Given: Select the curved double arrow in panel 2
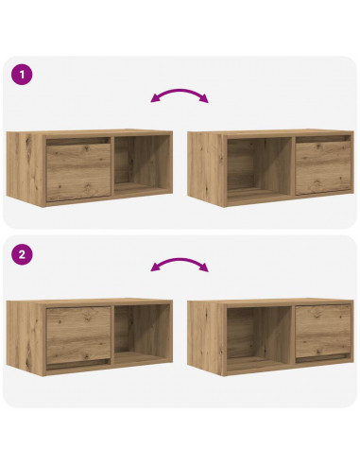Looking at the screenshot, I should pos(180,265).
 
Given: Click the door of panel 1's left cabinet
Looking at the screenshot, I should pos(78,171).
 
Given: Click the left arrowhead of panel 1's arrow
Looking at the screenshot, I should pos(154,98).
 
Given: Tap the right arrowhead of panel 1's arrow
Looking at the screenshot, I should pos(205,99).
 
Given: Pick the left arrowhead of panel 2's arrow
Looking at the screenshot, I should pos(154,268).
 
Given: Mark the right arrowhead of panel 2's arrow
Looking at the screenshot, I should pos(205,269).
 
